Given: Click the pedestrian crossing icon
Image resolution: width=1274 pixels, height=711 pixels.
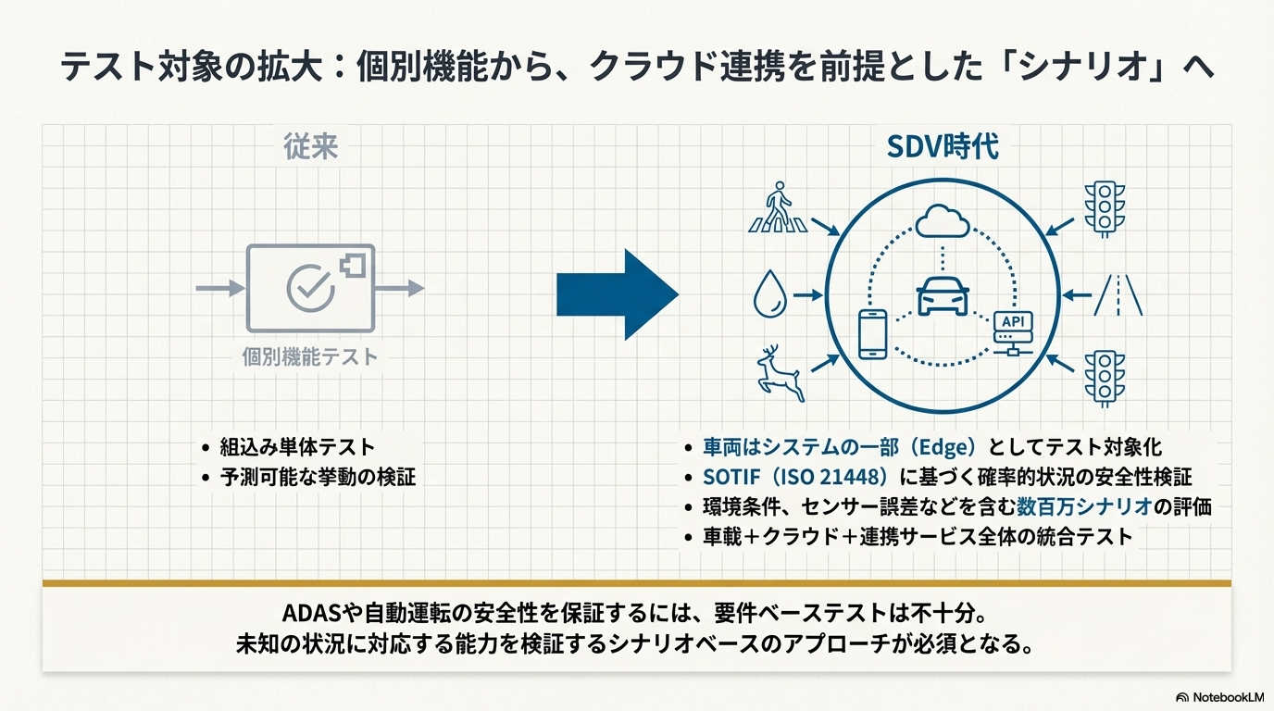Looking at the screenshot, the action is pos(778,207).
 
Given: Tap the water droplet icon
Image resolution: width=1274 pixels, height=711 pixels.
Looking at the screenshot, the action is pos(770,293).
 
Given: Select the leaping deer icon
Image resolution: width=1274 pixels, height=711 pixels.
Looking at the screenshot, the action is pos(781,372).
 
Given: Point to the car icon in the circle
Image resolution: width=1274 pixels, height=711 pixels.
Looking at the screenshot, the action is pos(943,295).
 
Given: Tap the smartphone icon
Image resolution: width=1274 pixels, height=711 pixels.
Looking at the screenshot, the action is pos(872,334).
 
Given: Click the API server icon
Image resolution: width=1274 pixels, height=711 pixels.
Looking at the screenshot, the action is pos(1013,334).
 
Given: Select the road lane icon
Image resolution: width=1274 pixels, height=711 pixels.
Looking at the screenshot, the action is pos(1118,295).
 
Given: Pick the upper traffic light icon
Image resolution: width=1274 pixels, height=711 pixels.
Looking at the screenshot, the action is pos(1105,208).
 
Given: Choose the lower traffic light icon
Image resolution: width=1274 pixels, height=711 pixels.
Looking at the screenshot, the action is pos(1105,379).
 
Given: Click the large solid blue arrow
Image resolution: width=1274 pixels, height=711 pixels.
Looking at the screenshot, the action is pos(618,294).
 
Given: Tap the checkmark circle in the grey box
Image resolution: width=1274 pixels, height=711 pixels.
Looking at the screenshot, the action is pos(310,288).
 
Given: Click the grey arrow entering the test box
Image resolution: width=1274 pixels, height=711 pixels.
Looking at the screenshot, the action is pos(220,289).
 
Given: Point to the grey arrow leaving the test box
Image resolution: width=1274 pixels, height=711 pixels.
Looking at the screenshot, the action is pos(400,289).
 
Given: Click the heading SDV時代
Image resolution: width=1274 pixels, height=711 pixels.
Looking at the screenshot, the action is pos(943,147).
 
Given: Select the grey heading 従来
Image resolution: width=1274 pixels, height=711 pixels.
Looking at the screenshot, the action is pos(310,147).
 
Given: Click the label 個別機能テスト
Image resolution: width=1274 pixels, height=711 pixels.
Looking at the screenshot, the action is pos(310,357).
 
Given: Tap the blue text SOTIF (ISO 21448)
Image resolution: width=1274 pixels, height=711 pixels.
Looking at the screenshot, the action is pos(795,477).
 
